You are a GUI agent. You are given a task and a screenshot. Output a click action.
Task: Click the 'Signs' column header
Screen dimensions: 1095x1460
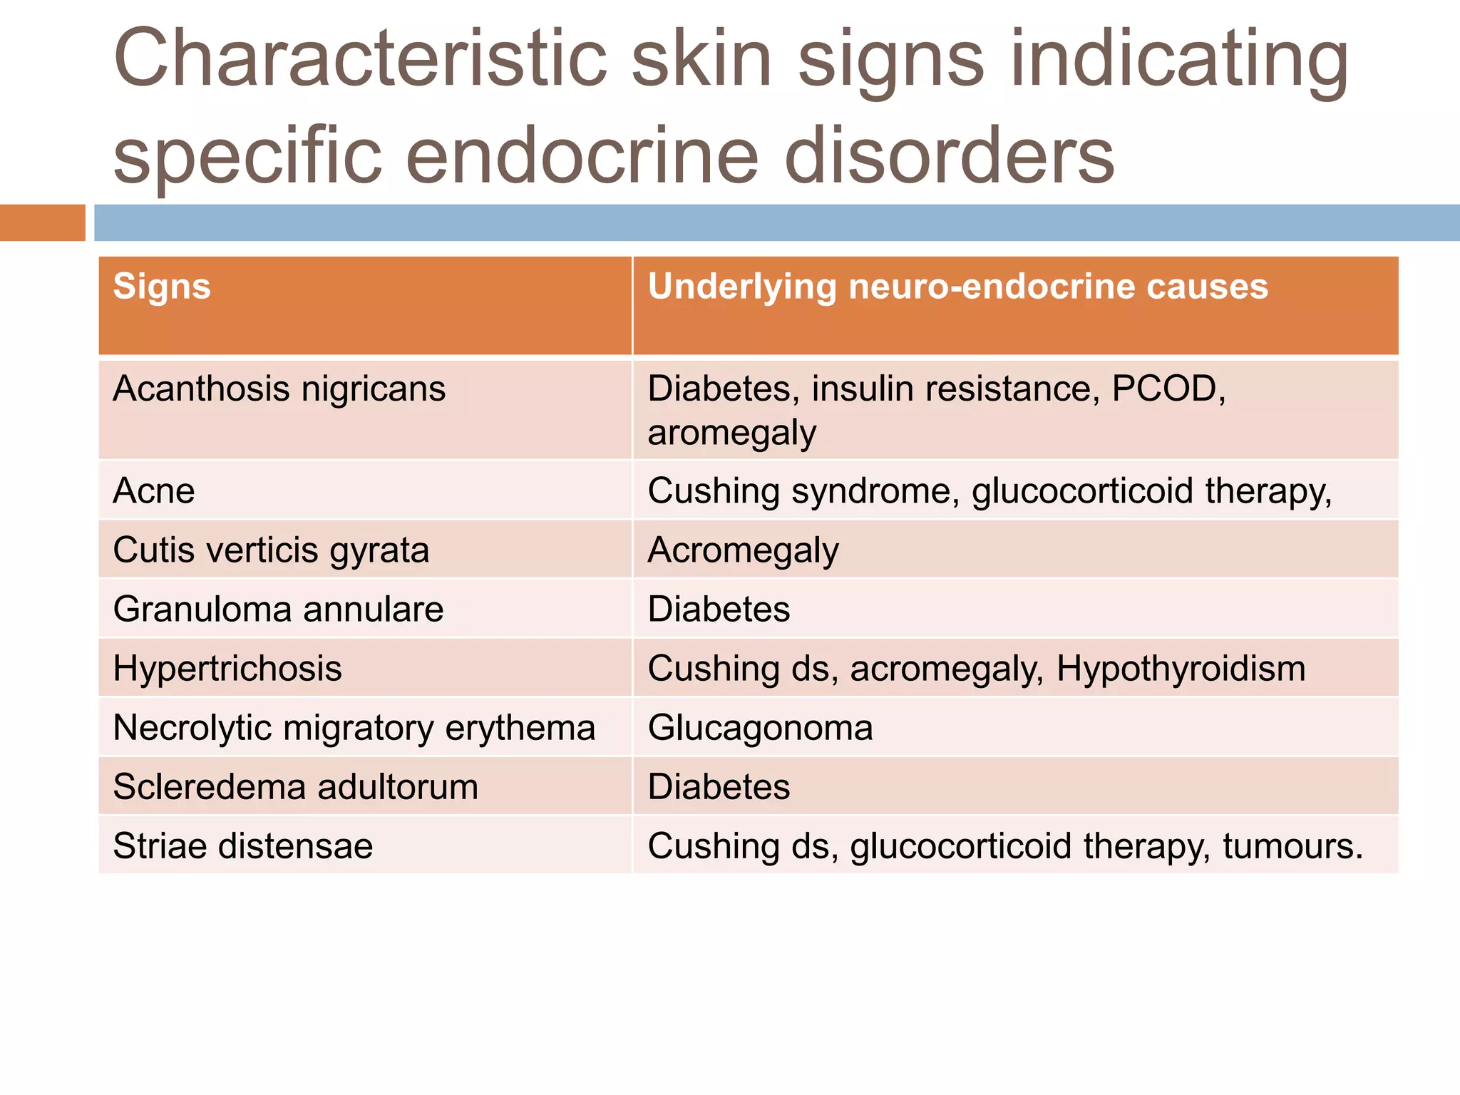162,287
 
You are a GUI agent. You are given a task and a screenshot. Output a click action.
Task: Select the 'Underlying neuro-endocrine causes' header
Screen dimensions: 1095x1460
957,287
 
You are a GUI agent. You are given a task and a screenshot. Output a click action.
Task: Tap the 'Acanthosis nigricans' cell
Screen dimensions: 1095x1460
279,389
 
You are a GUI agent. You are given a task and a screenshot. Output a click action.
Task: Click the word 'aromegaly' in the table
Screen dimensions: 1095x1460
731,433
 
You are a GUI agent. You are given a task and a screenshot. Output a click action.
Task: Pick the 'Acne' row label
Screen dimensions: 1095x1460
154,491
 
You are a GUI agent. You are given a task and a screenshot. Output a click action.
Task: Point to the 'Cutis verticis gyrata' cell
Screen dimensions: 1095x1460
271,550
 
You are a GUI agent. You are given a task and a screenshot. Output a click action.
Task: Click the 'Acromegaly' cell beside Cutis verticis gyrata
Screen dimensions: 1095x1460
743,550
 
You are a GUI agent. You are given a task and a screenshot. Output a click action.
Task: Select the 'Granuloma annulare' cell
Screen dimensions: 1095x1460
278,610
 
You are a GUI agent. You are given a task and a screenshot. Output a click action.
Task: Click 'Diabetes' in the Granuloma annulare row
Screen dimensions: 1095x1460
719,610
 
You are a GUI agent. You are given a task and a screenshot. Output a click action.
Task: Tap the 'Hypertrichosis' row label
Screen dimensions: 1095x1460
227,669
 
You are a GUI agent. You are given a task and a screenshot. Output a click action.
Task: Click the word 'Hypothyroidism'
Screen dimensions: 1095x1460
1181,669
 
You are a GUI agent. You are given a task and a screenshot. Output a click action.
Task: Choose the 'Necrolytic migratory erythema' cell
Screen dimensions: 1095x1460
354,728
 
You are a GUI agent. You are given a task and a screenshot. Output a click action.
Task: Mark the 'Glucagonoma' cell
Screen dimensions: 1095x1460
760,728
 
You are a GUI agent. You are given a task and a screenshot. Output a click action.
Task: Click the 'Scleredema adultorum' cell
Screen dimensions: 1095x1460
295,787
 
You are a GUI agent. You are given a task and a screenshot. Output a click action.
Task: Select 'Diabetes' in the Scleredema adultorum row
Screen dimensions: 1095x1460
719,787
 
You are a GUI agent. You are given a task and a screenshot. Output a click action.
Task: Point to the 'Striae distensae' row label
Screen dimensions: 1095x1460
242,846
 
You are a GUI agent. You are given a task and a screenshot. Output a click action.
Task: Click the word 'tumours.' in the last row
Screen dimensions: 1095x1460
1292,846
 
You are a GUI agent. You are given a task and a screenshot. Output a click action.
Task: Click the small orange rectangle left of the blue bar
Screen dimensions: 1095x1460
42,222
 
